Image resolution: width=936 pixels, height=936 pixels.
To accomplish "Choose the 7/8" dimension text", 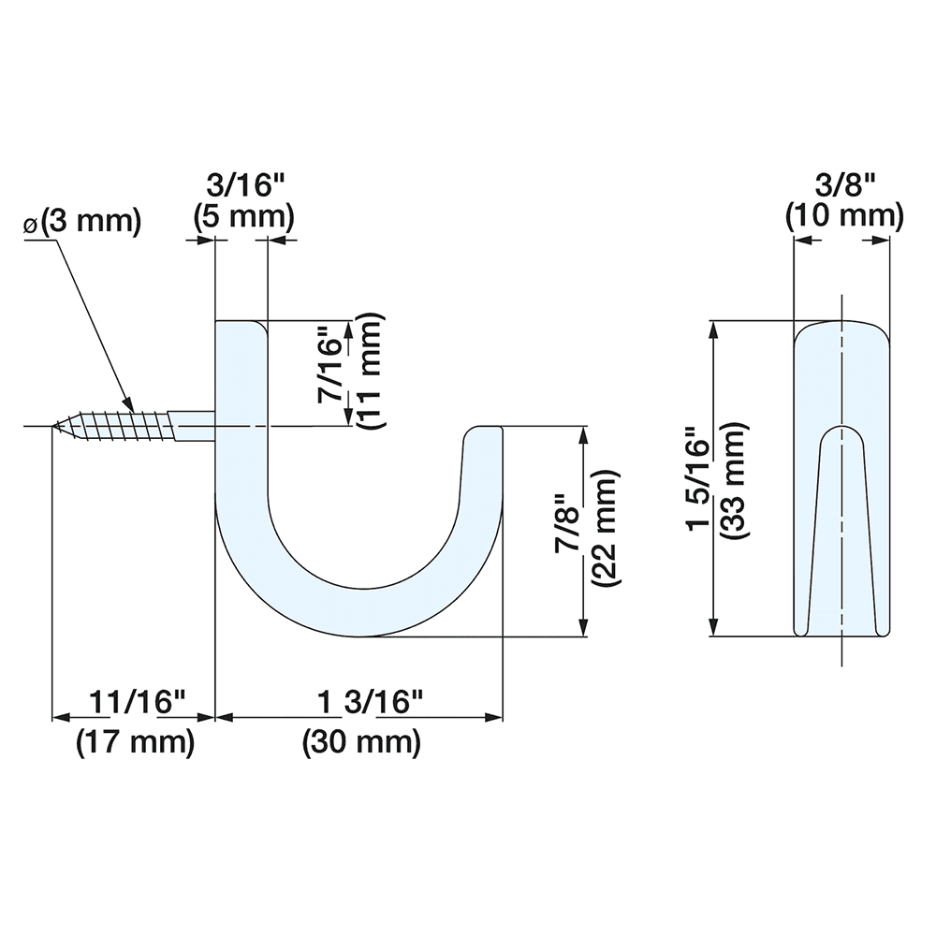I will pyautogui.click(x=567, y=524).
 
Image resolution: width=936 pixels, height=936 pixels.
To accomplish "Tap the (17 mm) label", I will pyautogui.click(x=136, y=743).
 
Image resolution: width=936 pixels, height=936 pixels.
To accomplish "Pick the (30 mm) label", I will pyautogui.click(x=361, y=743).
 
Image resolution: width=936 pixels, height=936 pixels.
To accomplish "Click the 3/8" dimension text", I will pyautogui.click(x=844, y=183).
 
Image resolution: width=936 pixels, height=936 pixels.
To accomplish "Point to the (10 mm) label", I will pyautogui.click(x=844, y=217).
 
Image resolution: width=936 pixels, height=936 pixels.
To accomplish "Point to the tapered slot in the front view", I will pyautogui.click(x=843, y=524).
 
